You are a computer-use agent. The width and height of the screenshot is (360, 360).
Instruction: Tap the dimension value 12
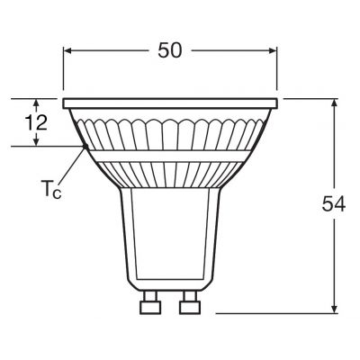pos(36,123)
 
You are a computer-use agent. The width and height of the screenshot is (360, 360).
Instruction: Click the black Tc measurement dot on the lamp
pos(83,146)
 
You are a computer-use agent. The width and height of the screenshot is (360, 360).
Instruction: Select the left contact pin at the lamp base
pos(149,309)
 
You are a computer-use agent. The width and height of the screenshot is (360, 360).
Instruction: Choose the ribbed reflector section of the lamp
pos(169,130)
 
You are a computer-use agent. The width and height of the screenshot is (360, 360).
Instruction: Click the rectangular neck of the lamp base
pos(169,234)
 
